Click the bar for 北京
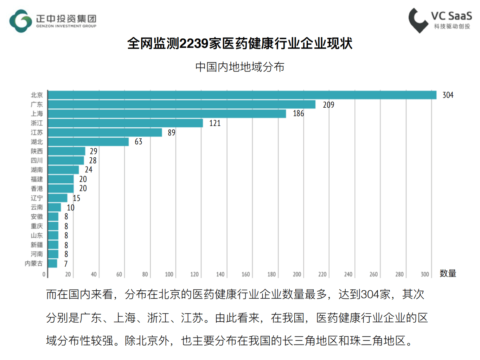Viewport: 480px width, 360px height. (242, 95)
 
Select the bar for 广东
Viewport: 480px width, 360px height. (181, 105)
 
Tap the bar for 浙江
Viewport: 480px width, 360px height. (125, 123)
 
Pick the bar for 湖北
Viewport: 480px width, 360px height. (88, 142)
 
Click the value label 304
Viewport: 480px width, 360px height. (448, 95)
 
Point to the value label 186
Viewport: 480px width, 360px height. (298, 114)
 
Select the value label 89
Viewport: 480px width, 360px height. (171, 133)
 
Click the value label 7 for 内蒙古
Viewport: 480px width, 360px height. (66, 264)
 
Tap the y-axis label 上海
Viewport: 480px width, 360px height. (37, 114)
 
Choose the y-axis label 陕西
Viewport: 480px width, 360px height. (37, 151)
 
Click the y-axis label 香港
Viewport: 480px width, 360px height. (37, 189)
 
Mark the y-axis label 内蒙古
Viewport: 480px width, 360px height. (34, 264)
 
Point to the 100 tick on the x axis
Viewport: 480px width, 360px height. (169, 274)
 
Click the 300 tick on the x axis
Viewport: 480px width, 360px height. (425, 274)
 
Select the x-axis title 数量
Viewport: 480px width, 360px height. (448, 273)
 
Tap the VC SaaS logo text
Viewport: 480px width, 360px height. (452, 16)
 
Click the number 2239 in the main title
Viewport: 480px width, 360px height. (194, 44)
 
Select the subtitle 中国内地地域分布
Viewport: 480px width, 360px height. (240, 67)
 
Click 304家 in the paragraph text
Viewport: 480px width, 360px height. (376, 294)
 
